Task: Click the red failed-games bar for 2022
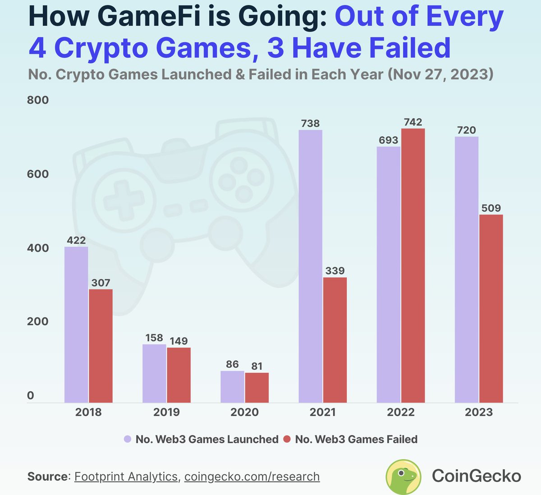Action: [413, 266]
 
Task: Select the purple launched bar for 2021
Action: [311, 266]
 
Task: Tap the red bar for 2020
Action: [257, 388]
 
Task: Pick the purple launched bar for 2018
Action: [76, 325]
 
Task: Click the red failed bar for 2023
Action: [491, 309]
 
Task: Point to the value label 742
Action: [413, 122]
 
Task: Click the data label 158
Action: [154, 338]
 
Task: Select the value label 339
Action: [335, 270]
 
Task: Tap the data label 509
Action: [491, 208]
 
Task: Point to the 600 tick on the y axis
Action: [38, 174]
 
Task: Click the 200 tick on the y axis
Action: [38, 321]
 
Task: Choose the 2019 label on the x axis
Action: [166, 412]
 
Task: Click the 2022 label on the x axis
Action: [401, 412]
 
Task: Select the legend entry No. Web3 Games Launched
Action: [202, 439]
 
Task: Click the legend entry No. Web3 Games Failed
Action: [351, 439]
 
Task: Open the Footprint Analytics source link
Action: [126, 477]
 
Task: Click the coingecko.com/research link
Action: [252, 477]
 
